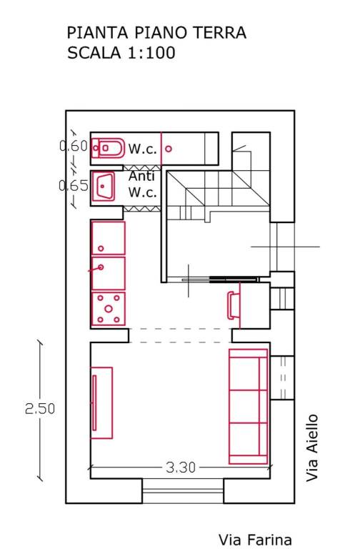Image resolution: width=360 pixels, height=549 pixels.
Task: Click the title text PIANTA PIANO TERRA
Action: (x=156, y=33)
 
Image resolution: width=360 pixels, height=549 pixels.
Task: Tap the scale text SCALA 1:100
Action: (x=121, y=53)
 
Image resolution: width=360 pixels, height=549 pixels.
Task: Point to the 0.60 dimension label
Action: (x=73, y=146)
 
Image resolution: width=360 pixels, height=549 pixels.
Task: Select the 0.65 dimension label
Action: (x=74, y=186)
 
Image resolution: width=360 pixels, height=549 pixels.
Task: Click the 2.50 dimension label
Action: (x=40, y=409)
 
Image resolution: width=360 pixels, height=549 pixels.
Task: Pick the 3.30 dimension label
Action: (x=181, y=468)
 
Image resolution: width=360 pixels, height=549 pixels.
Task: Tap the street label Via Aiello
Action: (x=312, y=447)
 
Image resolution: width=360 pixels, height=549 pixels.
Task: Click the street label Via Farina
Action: (x=255, y=540)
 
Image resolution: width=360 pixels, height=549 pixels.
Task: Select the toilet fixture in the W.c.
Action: (x=108, y=148)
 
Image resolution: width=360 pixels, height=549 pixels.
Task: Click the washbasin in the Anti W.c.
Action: (x=104, y=187)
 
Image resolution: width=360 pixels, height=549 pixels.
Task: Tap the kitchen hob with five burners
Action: (x=109, y=309)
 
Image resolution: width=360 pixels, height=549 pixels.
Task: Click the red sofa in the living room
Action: (x=248, y=407)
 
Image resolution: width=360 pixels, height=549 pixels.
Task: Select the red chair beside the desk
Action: (x=231, y=305)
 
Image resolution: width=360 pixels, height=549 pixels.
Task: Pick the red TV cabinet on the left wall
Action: (x=102, y=402)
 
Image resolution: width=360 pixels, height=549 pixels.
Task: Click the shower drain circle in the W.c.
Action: (x=169, y=149)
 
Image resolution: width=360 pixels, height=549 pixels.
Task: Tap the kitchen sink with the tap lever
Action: (x=108, y=274)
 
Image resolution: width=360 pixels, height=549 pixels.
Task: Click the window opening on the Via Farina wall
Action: (x=183, y=491)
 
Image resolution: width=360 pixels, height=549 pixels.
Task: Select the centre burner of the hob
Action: (x=109, y=309)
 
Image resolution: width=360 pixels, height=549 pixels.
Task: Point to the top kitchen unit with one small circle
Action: (x=108, y=238)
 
